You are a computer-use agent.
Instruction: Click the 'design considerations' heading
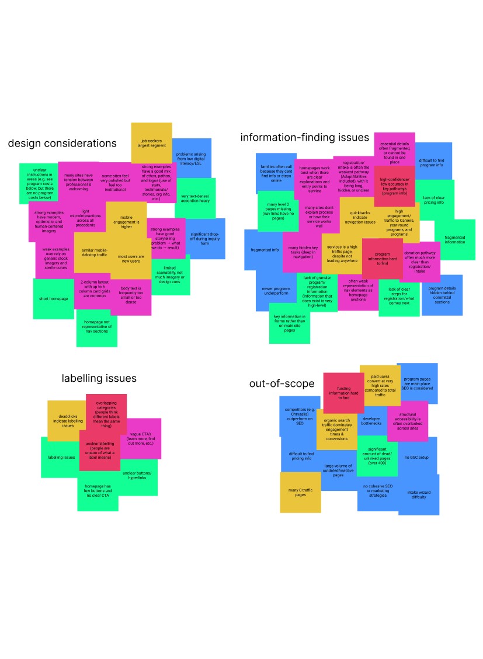click(x=62, y=144)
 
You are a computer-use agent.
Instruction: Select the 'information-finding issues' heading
click(x=304, y=137)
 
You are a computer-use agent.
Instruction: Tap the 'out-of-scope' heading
click(x=282, y=383)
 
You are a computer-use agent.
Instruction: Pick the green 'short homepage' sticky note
click(x=53, y=299)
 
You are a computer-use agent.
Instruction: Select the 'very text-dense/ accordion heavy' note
click(x=195, y=198)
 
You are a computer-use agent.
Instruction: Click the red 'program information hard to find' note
click(x=383, y=257)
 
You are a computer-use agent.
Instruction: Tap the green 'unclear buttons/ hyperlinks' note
click(x=138, y=476)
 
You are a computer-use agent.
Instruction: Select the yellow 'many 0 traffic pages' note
click(x=300, y=492)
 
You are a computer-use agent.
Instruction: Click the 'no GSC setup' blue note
click(x=416, y=458)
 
